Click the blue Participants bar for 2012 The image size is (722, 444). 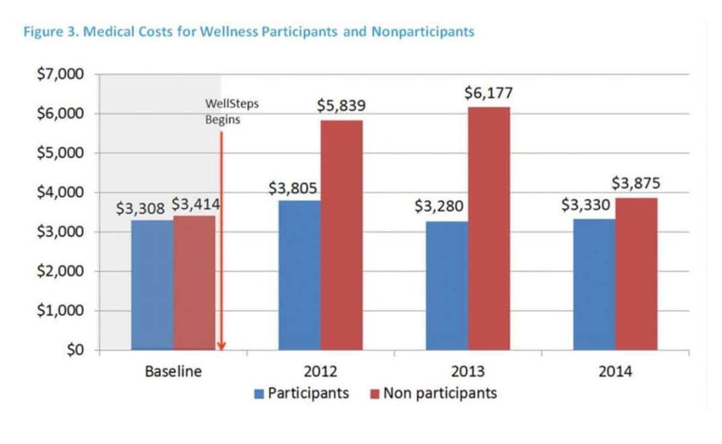299,275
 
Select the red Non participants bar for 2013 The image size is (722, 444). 489,229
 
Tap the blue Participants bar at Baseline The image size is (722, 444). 152,285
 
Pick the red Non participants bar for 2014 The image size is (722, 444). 636,274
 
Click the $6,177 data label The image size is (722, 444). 489,93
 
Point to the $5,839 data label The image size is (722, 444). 341,106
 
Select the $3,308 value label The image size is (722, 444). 140,208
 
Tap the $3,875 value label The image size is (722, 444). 636,183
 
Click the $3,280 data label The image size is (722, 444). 439,206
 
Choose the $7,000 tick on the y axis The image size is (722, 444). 60,75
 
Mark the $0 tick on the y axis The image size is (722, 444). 75,350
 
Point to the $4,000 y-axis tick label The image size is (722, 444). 60,193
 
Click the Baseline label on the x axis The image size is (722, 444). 173,371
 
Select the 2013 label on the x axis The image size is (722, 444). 467,371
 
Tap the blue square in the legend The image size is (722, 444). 259,394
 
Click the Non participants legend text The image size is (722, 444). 440,393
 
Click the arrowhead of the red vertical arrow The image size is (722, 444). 221,346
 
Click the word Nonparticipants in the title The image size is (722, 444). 422,32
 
